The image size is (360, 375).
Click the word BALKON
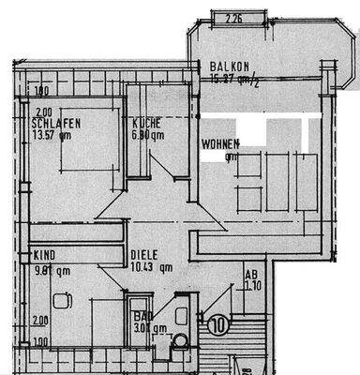pos(230,67)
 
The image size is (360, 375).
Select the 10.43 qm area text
pos(152,267)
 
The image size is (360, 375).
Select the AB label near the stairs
pos(250,275)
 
